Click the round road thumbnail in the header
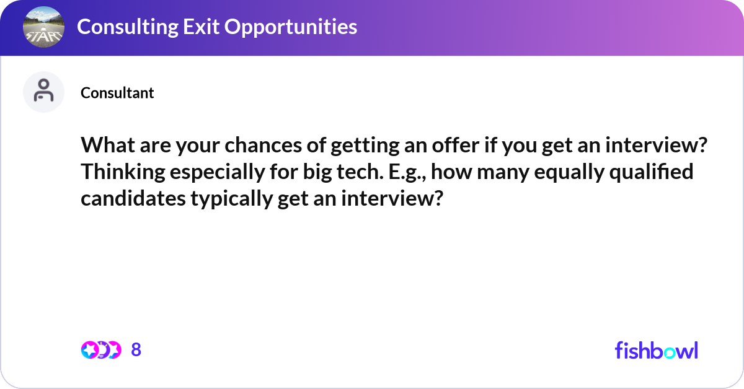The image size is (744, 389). tap(43, 28)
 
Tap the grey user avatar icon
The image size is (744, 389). tap(43, 92)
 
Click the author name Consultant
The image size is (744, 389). tap(117, 93)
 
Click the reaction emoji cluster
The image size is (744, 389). tap(101, 350)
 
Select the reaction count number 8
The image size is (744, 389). tap(136, 350)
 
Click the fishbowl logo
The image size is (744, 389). tap(656, 350)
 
